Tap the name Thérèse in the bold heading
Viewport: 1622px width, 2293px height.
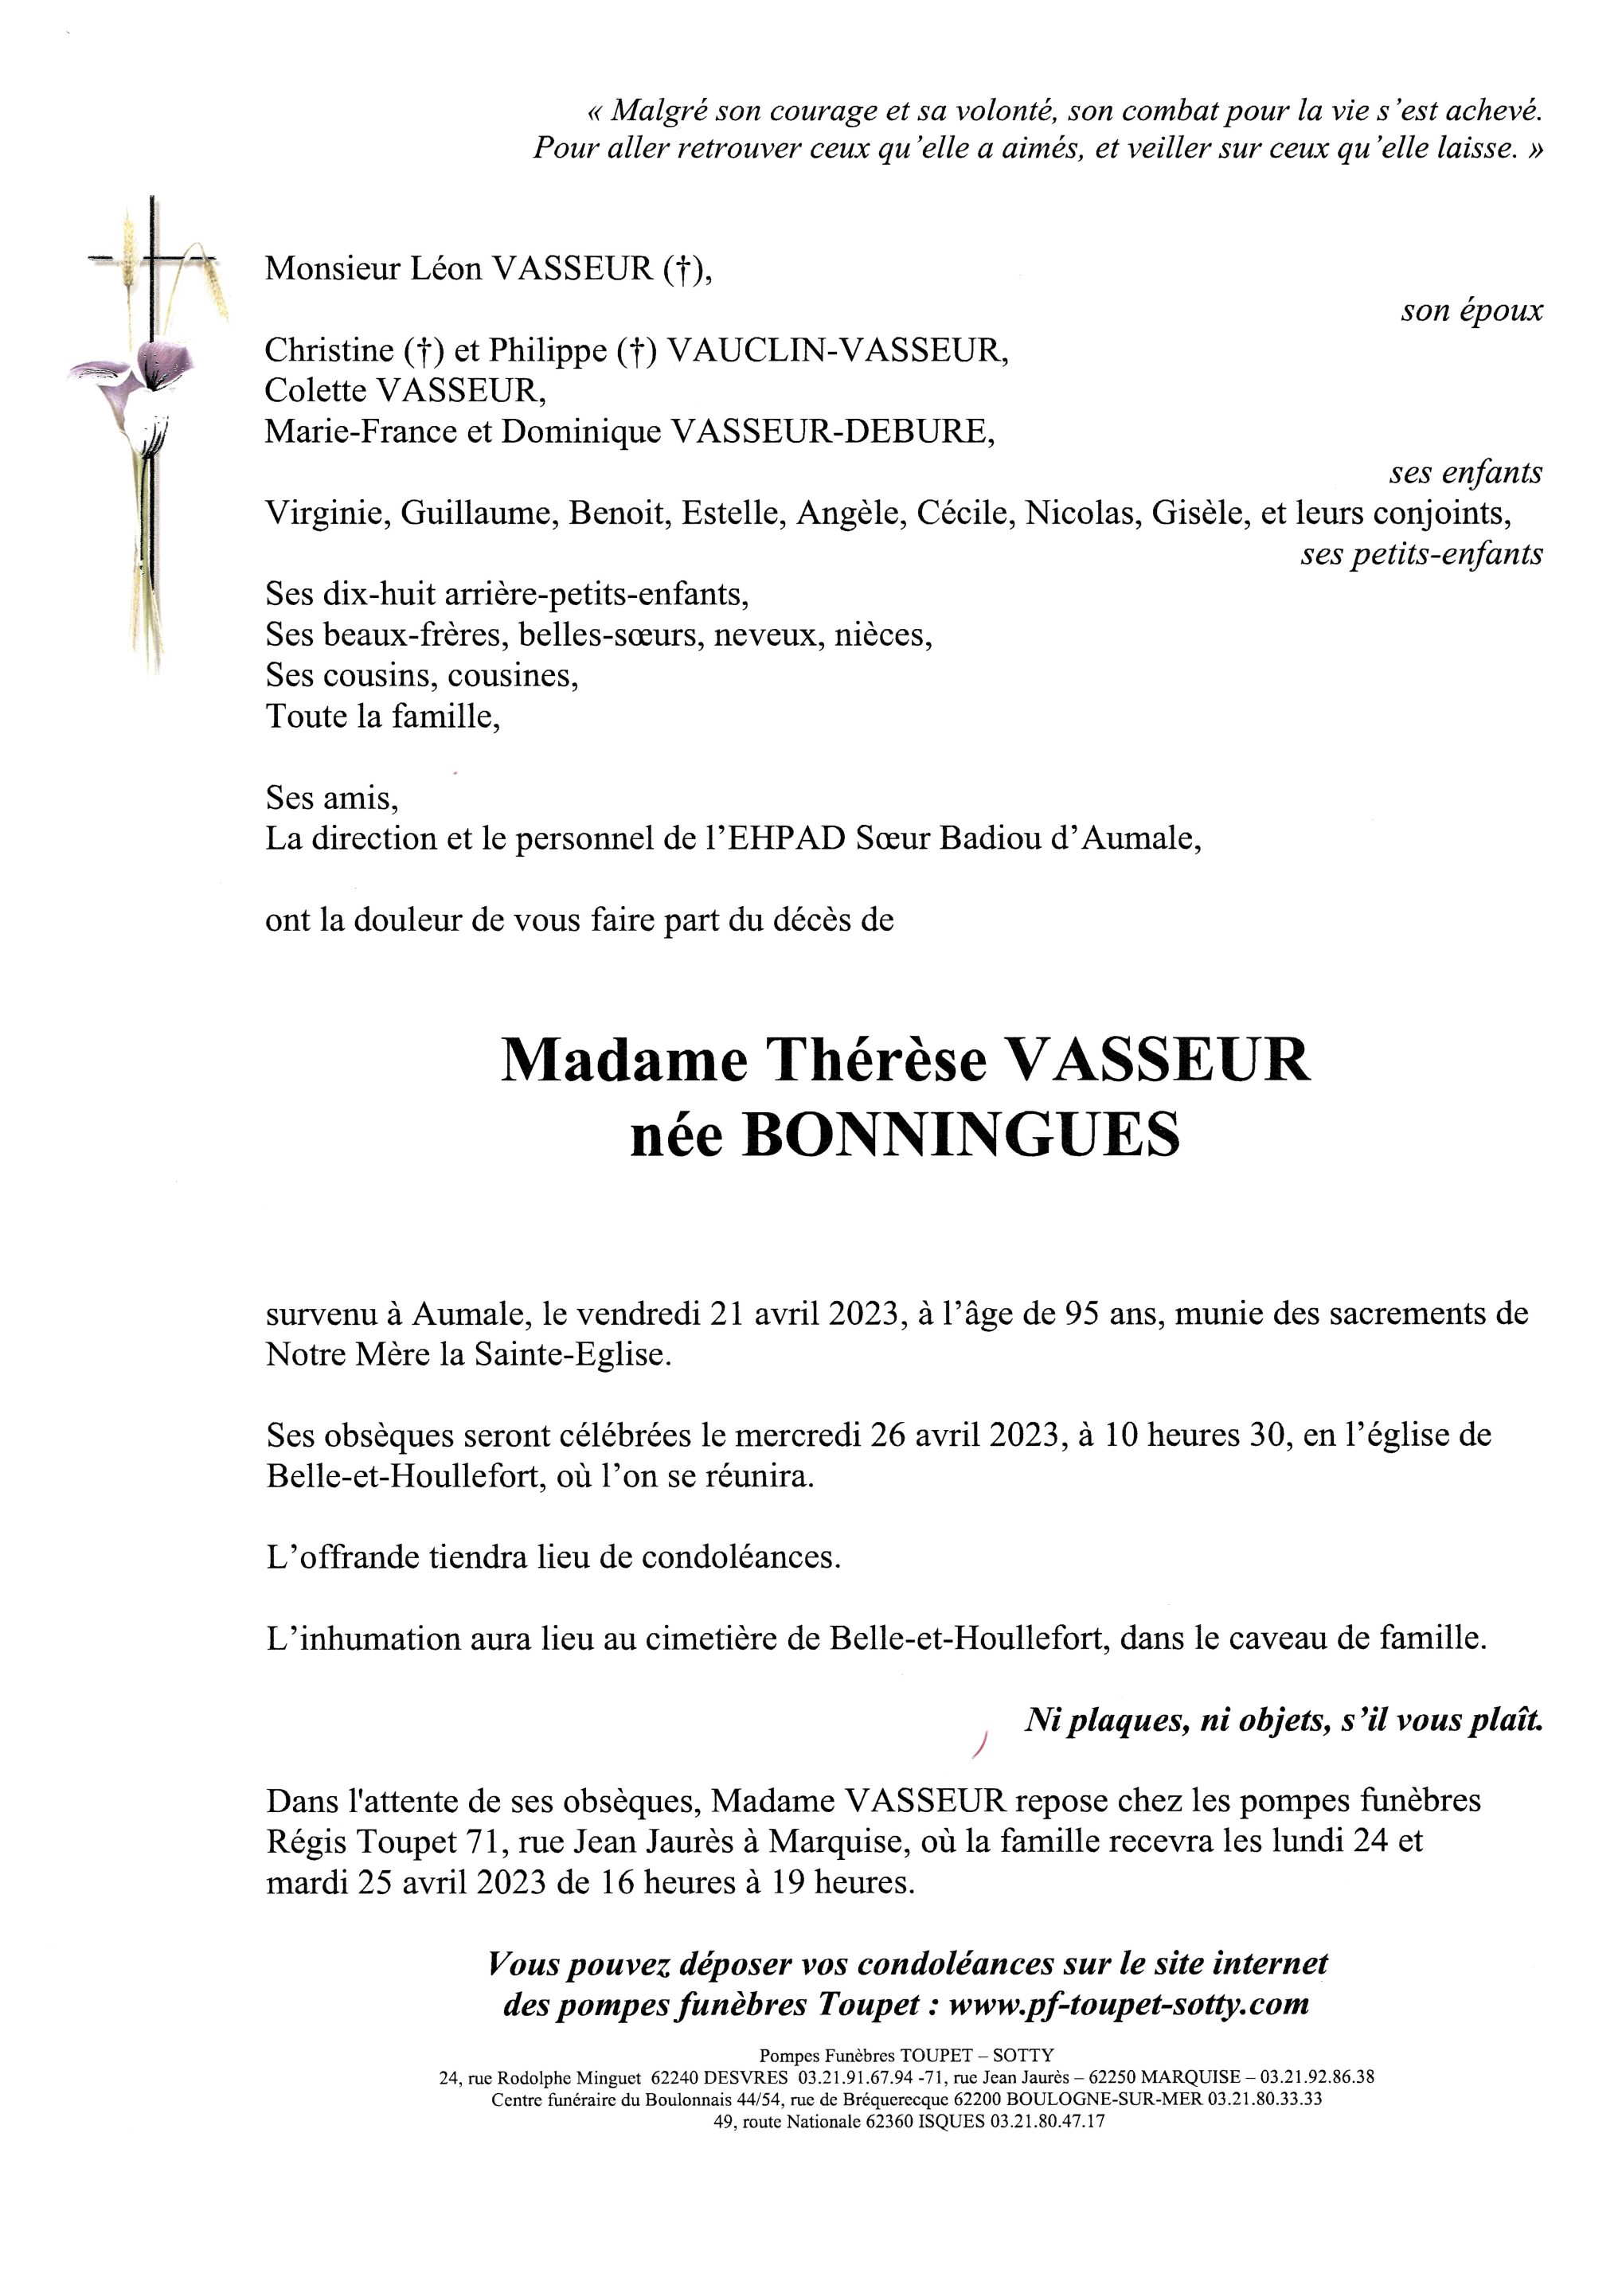click(x=875, y=1061)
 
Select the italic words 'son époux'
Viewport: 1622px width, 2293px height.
click(x=1472, y=311)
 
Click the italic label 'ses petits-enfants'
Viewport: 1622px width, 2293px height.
click(x=1421, y=553)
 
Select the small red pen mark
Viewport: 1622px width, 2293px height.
click(x=979, y=1744)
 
